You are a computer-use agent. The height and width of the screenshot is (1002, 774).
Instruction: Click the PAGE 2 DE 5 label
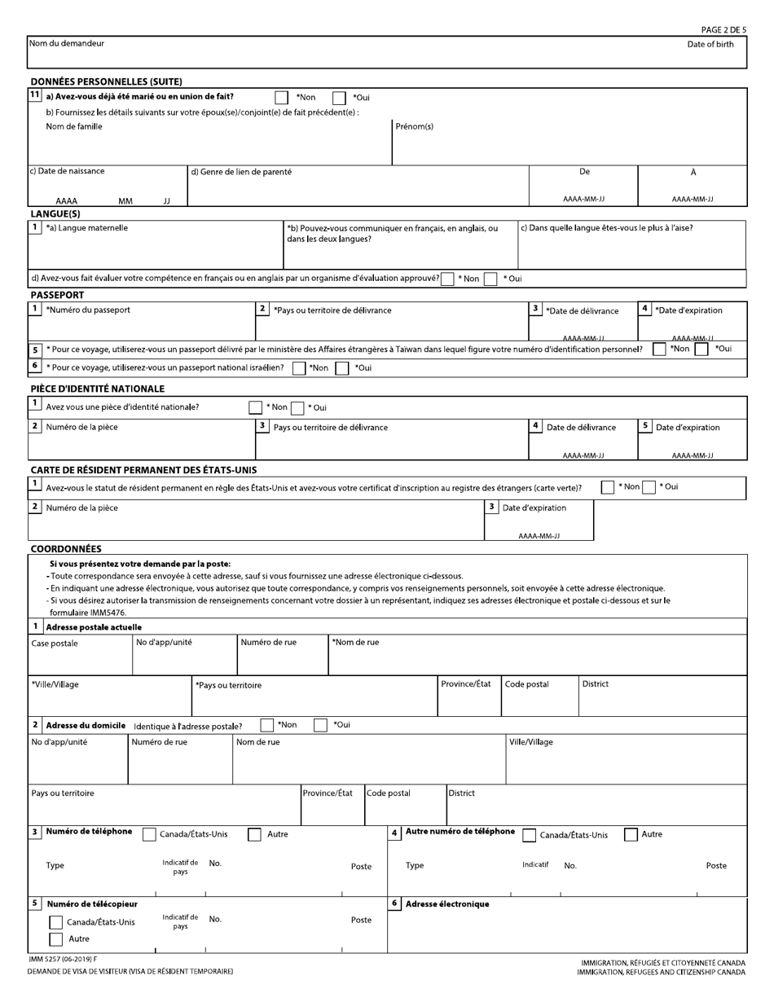[723, 30]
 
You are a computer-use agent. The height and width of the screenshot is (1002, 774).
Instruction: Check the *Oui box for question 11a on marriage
[339, 98]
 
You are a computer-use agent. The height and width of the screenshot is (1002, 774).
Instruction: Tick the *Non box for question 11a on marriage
[281, 98]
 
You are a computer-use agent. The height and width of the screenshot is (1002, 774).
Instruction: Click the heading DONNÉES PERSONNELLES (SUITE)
[106, 81]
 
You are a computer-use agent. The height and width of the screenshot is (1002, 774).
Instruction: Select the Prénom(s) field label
[414, 126]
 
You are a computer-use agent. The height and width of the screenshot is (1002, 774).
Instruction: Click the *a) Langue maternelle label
[86, 228]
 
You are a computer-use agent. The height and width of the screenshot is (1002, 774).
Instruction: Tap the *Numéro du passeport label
[87, 310]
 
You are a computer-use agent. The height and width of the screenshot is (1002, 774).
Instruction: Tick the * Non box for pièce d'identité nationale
[256, 407]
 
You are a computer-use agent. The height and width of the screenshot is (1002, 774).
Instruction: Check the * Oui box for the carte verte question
[649, 487]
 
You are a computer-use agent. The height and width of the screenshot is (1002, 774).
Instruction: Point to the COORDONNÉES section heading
[66, 549]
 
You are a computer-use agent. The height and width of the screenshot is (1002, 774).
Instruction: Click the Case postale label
[55, 644]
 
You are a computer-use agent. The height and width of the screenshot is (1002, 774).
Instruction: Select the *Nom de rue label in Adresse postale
[355, 642]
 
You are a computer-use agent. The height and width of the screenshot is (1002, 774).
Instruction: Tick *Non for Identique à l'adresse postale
[267, 725]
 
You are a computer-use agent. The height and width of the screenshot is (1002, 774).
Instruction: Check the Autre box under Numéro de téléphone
[254, 834]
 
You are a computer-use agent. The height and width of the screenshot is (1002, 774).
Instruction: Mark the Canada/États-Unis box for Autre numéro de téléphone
[530, 835]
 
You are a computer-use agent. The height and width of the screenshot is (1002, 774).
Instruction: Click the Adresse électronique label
[447, 903]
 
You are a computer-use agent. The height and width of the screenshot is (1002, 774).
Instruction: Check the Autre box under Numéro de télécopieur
[55, 939]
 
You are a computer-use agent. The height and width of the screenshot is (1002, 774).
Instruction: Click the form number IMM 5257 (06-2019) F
[63, 960]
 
